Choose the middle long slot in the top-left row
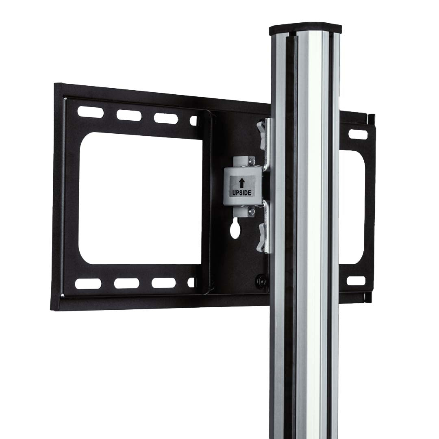coord(129,115)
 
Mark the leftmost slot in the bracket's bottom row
coord(88,284)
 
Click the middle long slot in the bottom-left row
coord(126,283)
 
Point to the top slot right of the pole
coord(358,134)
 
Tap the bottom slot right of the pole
coord(356,281)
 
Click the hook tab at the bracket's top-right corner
coord(371,119)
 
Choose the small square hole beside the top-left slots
coord(193,121)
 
